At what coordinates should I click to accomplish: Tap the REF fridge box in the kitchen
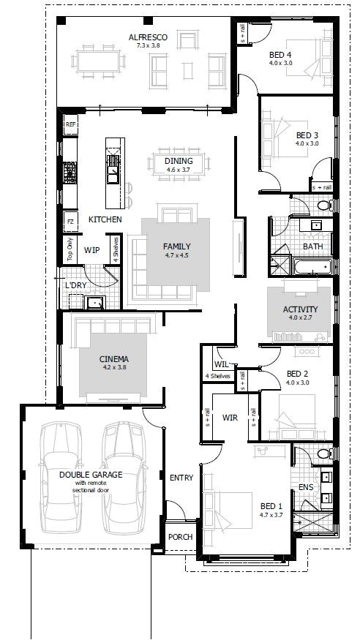tap(70, 126)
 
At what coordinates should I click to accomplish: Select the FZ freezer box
tap(70, 220)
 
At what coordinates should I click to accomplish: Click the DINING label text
tap(179, 161)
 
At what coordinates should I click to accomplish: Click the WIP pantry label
tap(91, 250)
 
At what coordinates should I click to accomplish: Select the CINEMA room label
tap(114, 359)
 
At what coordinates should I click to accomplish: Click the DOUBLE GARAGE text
tap(91, 475)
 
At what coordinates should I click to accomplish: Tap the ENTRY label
tap(181, 478)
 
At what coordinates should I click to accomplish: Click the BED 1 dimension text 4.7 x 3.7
tap(271, 515)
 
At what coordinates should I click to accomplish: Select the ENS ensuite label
tap(306, 486)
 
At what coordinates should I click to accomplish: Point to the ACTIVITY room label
tap(300, 309)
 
